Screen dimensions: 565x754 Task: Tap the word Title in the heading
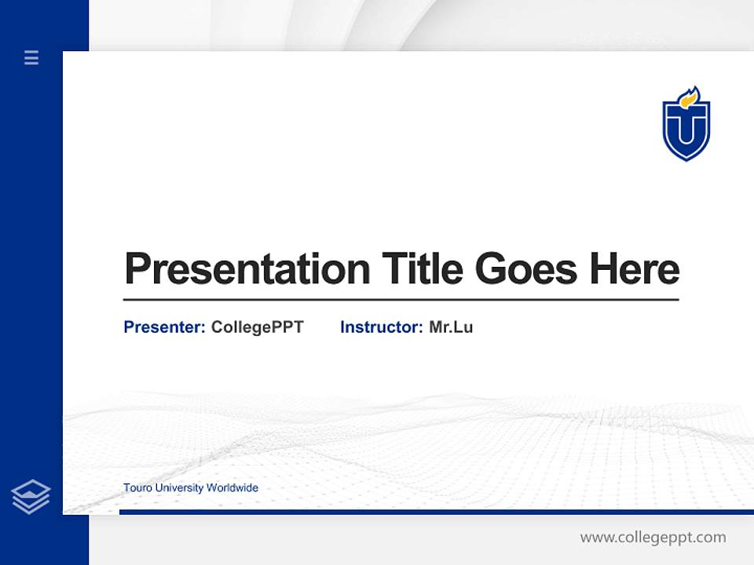click(x=422, y=269)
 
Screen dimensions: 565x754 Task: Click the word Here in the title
click(x=634, y=269)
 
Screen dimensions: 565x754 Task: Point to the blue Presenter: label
click(x=164, y=327)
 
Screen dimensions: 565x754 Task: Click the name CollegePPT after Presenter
click(x=257, y=327)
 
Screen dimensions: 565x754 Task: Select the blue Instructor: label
click(x=382, y=327)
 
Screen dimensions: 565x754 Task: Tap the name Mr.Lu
click(x=451, y=327)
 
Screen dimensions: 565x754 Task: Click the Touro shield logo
click(x=686, y=126)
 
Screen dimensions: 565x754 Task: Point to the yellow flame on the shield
click(x=689, y=97)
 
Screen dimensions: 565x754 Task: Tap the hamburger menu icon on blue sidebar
click(x=31, y=57)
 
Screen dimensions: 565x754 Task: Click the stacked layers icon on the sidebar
click(x=31, y=497)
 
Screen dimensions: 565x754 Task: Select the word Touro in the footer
click(x=137, y=488)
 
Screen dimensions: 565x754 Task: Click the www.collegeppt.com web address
click(x=653, y=538)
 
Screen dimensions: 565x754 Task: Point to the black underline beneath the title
click(x=401, y=300)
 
